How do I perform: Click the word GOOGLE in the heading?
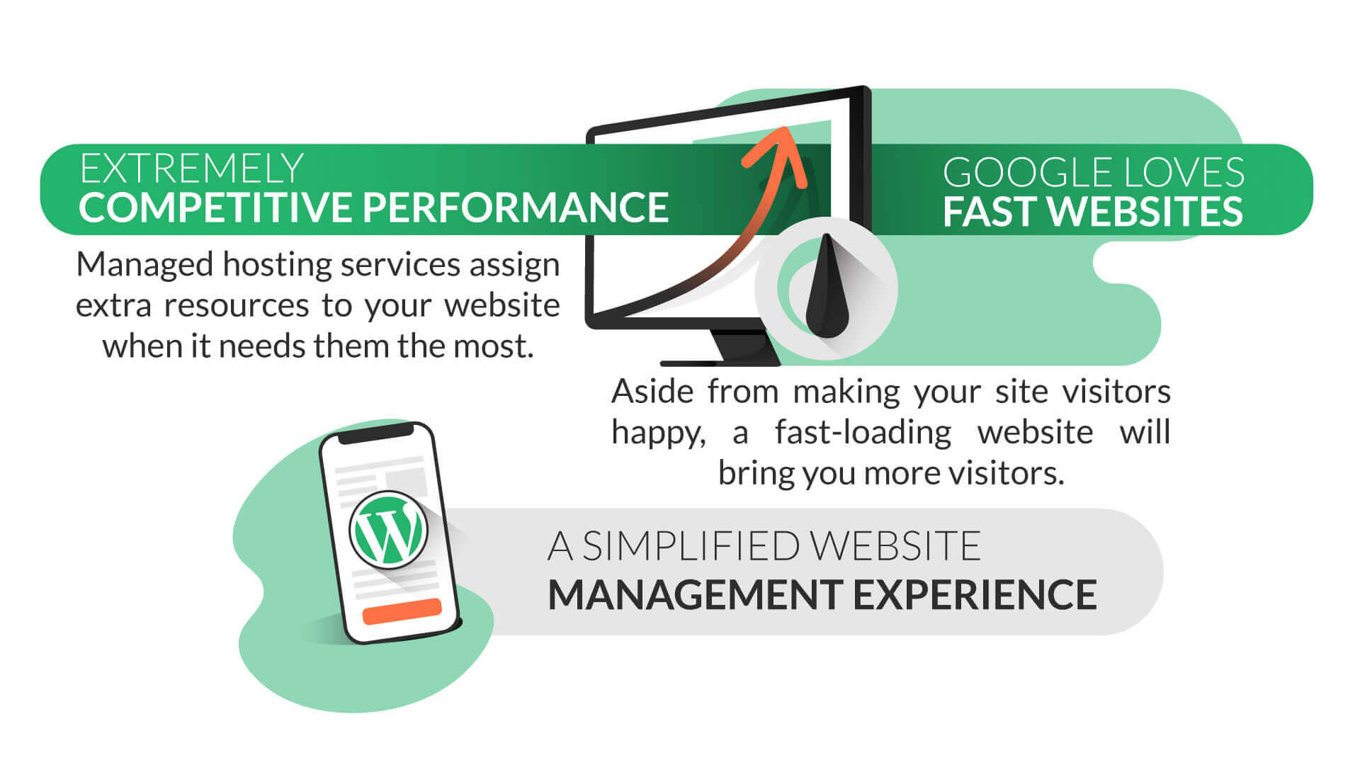1014,173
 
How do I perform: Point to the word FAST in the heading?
990,211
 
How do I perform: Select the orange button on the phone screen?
402,611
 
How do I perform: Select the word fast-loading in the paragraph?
863,433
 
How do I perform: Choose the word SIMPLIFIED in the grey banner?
691,546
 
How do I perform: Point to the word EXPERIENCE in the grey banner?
975,594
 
